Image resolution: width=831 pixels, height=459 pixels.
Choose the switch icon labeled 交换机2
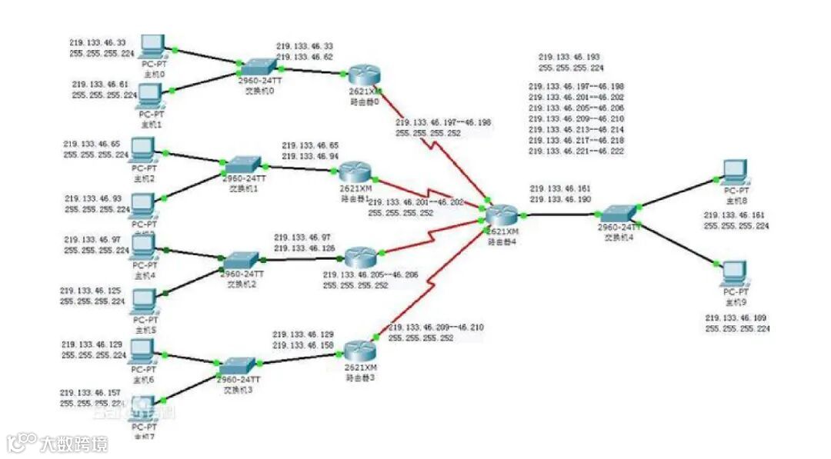pos(242,260)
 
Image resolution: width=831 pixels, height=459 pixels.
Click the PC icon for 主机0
pos(154,45)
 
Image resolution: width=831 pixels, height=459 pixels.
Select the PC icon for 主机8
pos(736,171)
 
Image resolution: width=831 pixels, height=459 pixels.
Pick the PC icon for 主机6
pos(142,351)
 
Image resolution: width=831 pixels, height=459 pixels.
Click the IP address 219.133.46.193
pos(569,58)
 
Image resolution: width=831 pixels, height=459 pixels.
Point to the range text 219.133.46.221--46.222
pos(576,152)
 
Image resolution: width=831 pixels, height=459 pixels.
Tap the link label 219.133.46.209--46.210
pos(436,328)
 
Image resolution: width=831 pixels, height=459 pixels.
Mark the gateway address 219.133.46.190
pos(559,199)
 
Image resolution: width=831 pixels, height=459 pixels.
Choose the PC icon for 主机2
pos(142,147)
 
